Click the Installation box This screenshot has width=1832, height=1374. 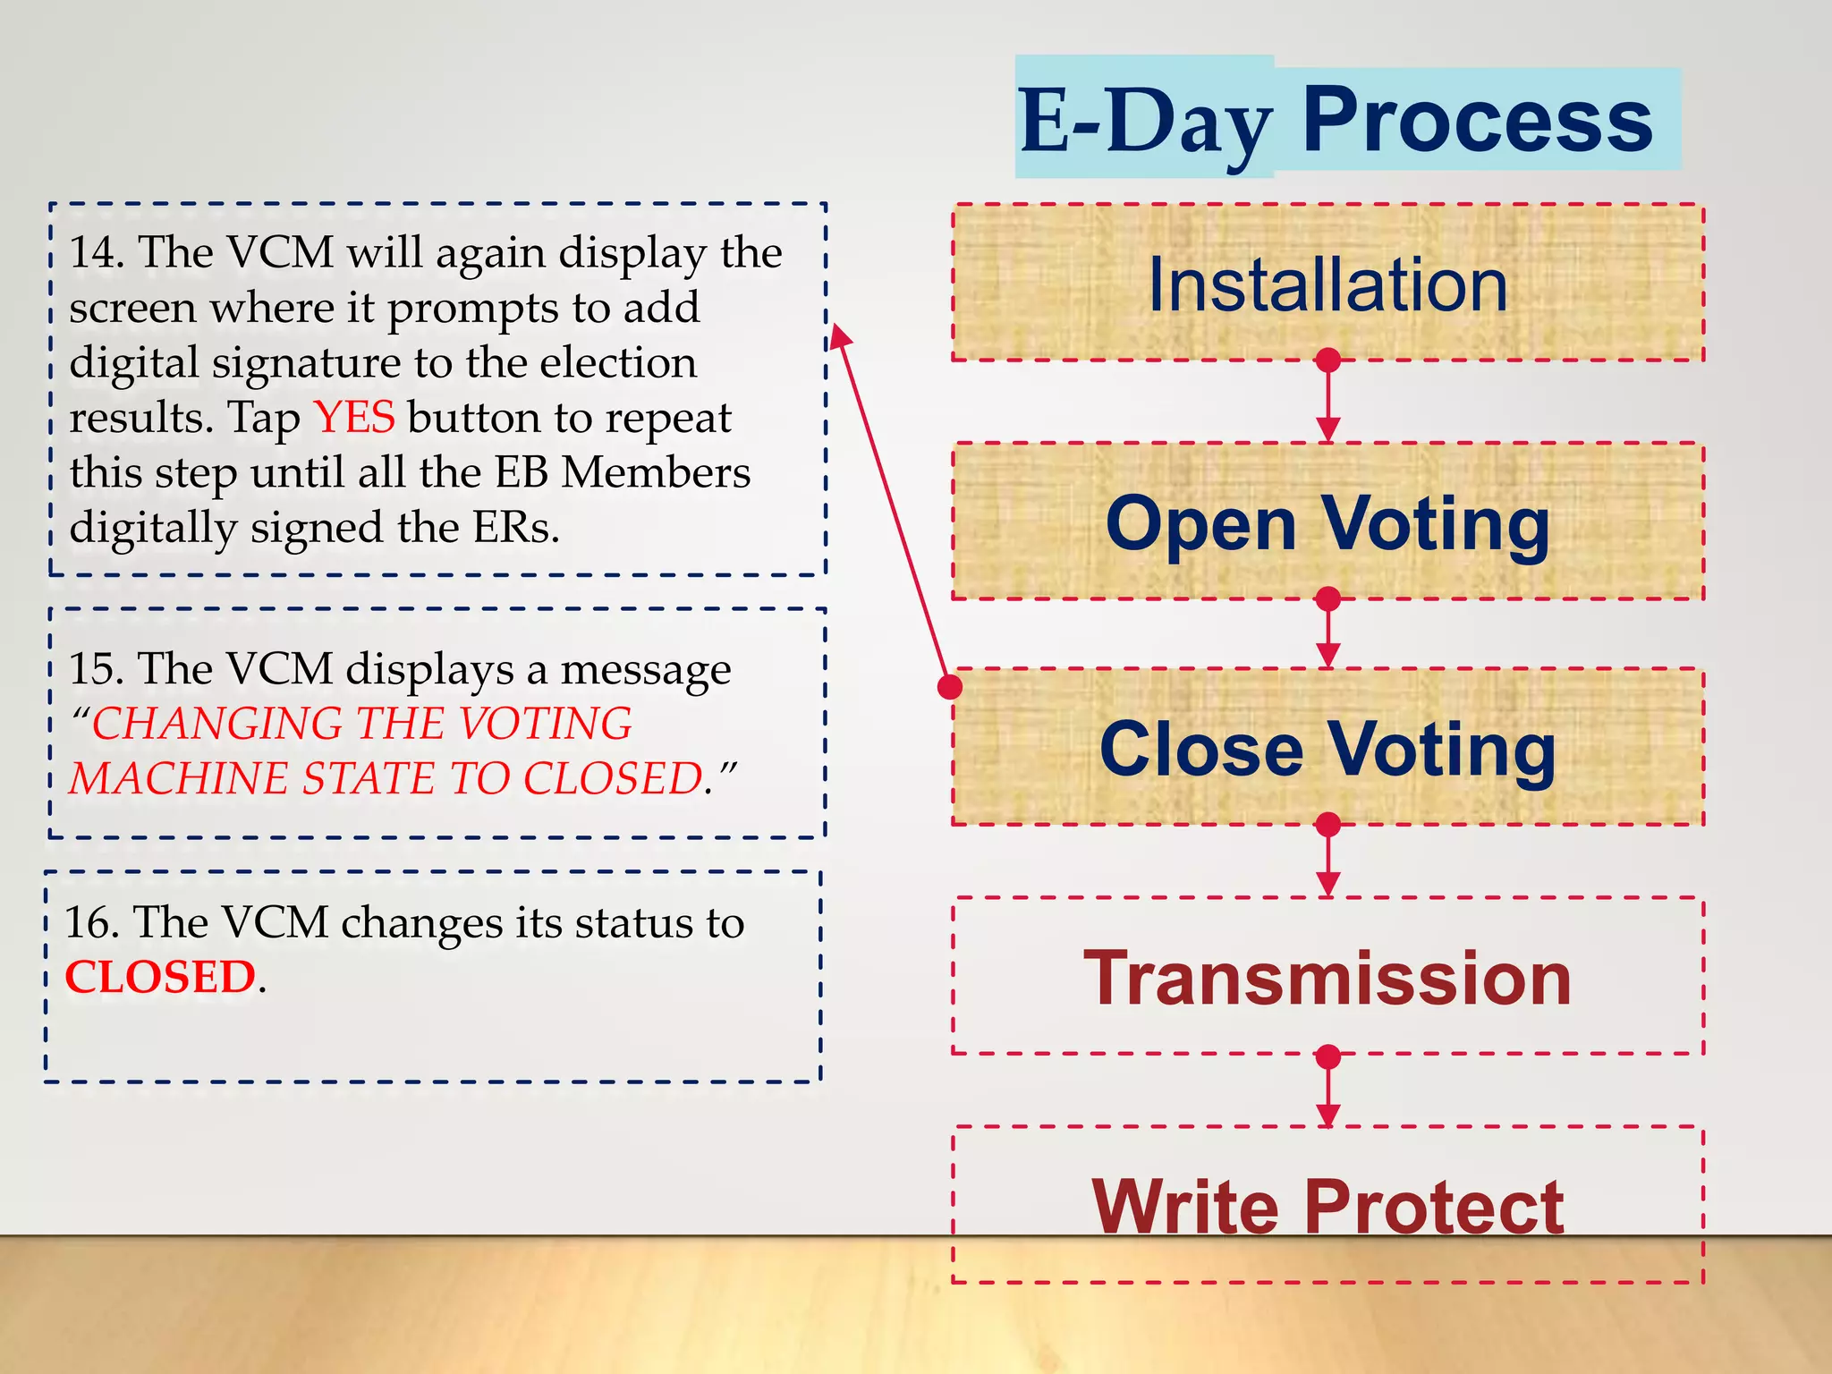coord(1327,283)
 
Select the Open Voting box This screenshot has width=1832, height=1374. coord(1327,522)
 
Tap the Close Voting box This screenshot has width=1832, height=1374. coord(1327,747)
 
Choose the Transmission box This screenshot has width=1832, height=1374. coord(1327,976)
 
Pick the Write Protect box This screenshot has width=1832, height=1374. coord(1327,1205)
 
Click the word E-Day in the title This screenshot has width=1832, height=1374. coord(1145,123)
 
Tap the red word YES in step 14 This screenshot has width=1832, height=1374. coord(354,417)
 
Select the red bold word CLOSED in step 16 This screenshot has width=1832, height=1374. coord(161,977)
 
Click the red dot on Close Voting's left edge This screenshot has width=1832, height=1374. coord(950,687)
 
